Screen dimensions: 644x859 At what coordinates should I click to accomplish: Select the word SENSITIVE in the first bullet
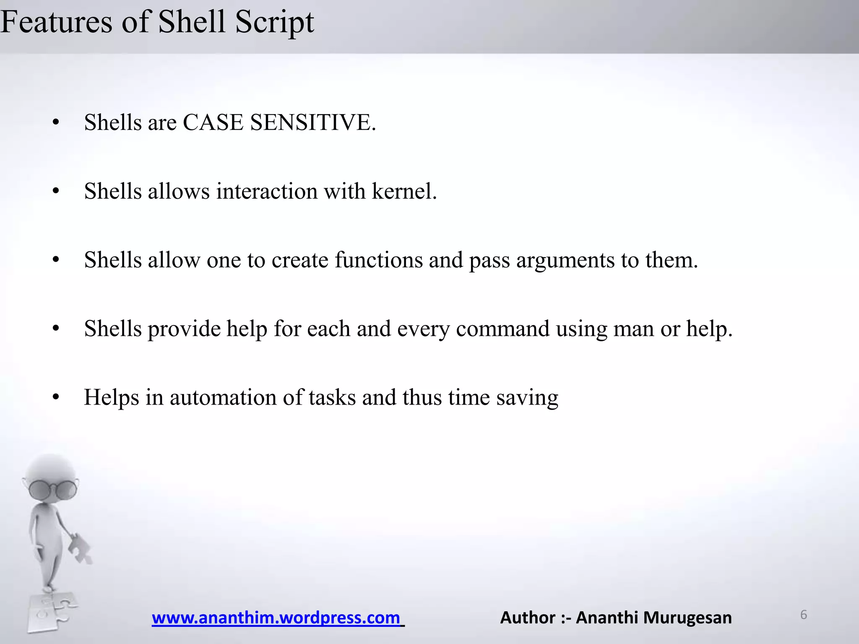(x=312, y=122)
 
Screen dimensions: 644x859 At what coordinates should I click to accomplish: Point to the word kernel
(x=404, y=191)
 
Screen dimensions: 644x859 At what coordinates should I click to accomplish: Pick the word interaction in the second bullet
(x=266, y=191)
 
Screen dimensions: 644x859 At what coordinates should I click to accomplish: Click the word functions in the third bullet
(x=378, y=260)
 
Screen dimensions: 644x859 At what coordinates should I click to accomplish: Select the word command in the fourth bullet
(x=502, y=329)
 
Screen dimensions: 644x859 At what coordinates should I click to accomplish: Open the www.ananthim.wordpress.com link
(x=276, y=618)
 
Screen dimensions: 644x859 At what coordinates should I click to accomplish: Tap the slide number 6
(x=804, y=615)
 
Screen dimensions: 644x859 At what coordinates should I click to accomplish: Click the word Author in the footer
(x=528, y=618)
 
